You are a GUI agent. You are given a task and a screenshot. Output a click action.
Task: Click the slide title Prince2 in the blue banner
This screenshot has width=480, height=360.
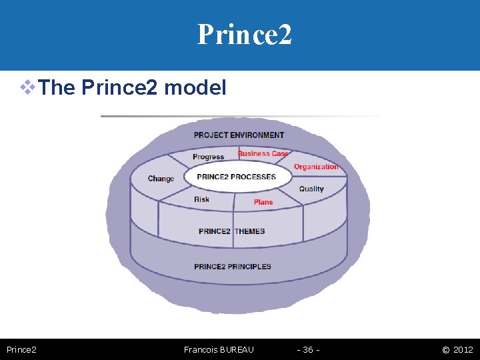(x=244, y=34)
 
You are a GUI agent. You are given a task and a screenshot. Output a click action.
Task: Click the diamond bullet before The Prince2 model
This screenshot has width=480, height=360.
(x=27, y=87)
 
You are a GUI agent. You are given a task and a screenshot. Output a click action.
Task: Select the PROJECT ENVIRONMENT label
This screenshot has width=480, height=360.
(x=239, y=135)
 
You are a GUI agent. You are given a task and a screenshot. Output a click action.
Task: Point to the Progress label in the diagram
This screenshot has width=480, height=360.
(x=208, y=157)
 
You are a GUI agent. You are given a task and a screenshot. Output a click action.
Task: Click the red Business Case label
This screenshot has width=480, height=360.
(x=263, y=153)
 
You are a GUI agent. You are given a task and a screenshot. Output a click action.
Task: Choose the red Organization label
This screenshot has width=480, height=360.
(x=316, y=167)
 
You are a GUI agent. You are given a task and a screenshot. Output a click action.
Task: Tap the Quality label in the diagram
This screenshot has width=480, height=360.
(x=311, y=189)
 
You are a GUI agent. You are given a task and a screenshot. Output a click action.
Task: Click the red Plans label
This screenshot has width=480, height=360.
(x=263, y=202)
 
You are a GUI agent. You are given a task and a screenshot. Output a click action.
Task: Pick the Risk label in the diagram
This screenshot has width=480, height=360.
(x=201, y=199)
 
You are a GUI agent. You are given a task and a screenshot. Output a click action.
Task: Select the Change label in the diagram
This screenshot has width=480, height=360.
(x=161, y=179)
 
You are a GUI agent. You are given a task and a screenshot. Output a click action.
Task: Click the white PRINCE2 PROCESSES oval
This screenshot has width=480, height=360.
(x=237, y=177)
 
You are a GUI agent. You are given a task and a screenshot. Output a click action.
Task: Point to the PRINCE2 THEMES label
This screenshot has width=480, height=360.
(x=231, y=231)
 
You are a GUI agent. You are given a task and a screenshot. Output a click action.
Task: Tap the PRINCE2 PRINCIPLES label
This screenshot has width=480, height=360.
(x=233, y=267)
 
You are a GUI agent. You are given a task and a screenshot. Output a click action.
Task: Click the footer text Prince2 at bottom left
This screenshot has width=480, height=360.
(x=21, y=349)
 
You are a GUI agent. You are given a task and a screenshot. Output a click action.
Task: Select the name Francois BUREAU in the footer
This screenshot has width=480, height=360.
(x=219, y=349)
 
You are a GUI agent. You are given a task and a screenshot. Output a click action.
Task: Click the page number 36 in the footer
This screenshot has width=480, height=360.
(x=308, y=349)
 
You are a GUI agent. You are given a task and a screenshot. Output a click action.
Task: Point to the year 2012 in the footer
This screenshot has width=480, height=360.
(x=463, y=349)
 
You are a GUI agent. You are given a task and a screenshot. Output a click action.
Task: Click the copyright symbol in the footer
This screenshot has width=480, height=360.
(x=445, y=349)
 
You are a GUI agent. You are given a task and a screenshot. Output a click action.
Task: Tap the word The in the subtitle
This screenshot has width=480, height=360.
(x=57, y=87)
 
